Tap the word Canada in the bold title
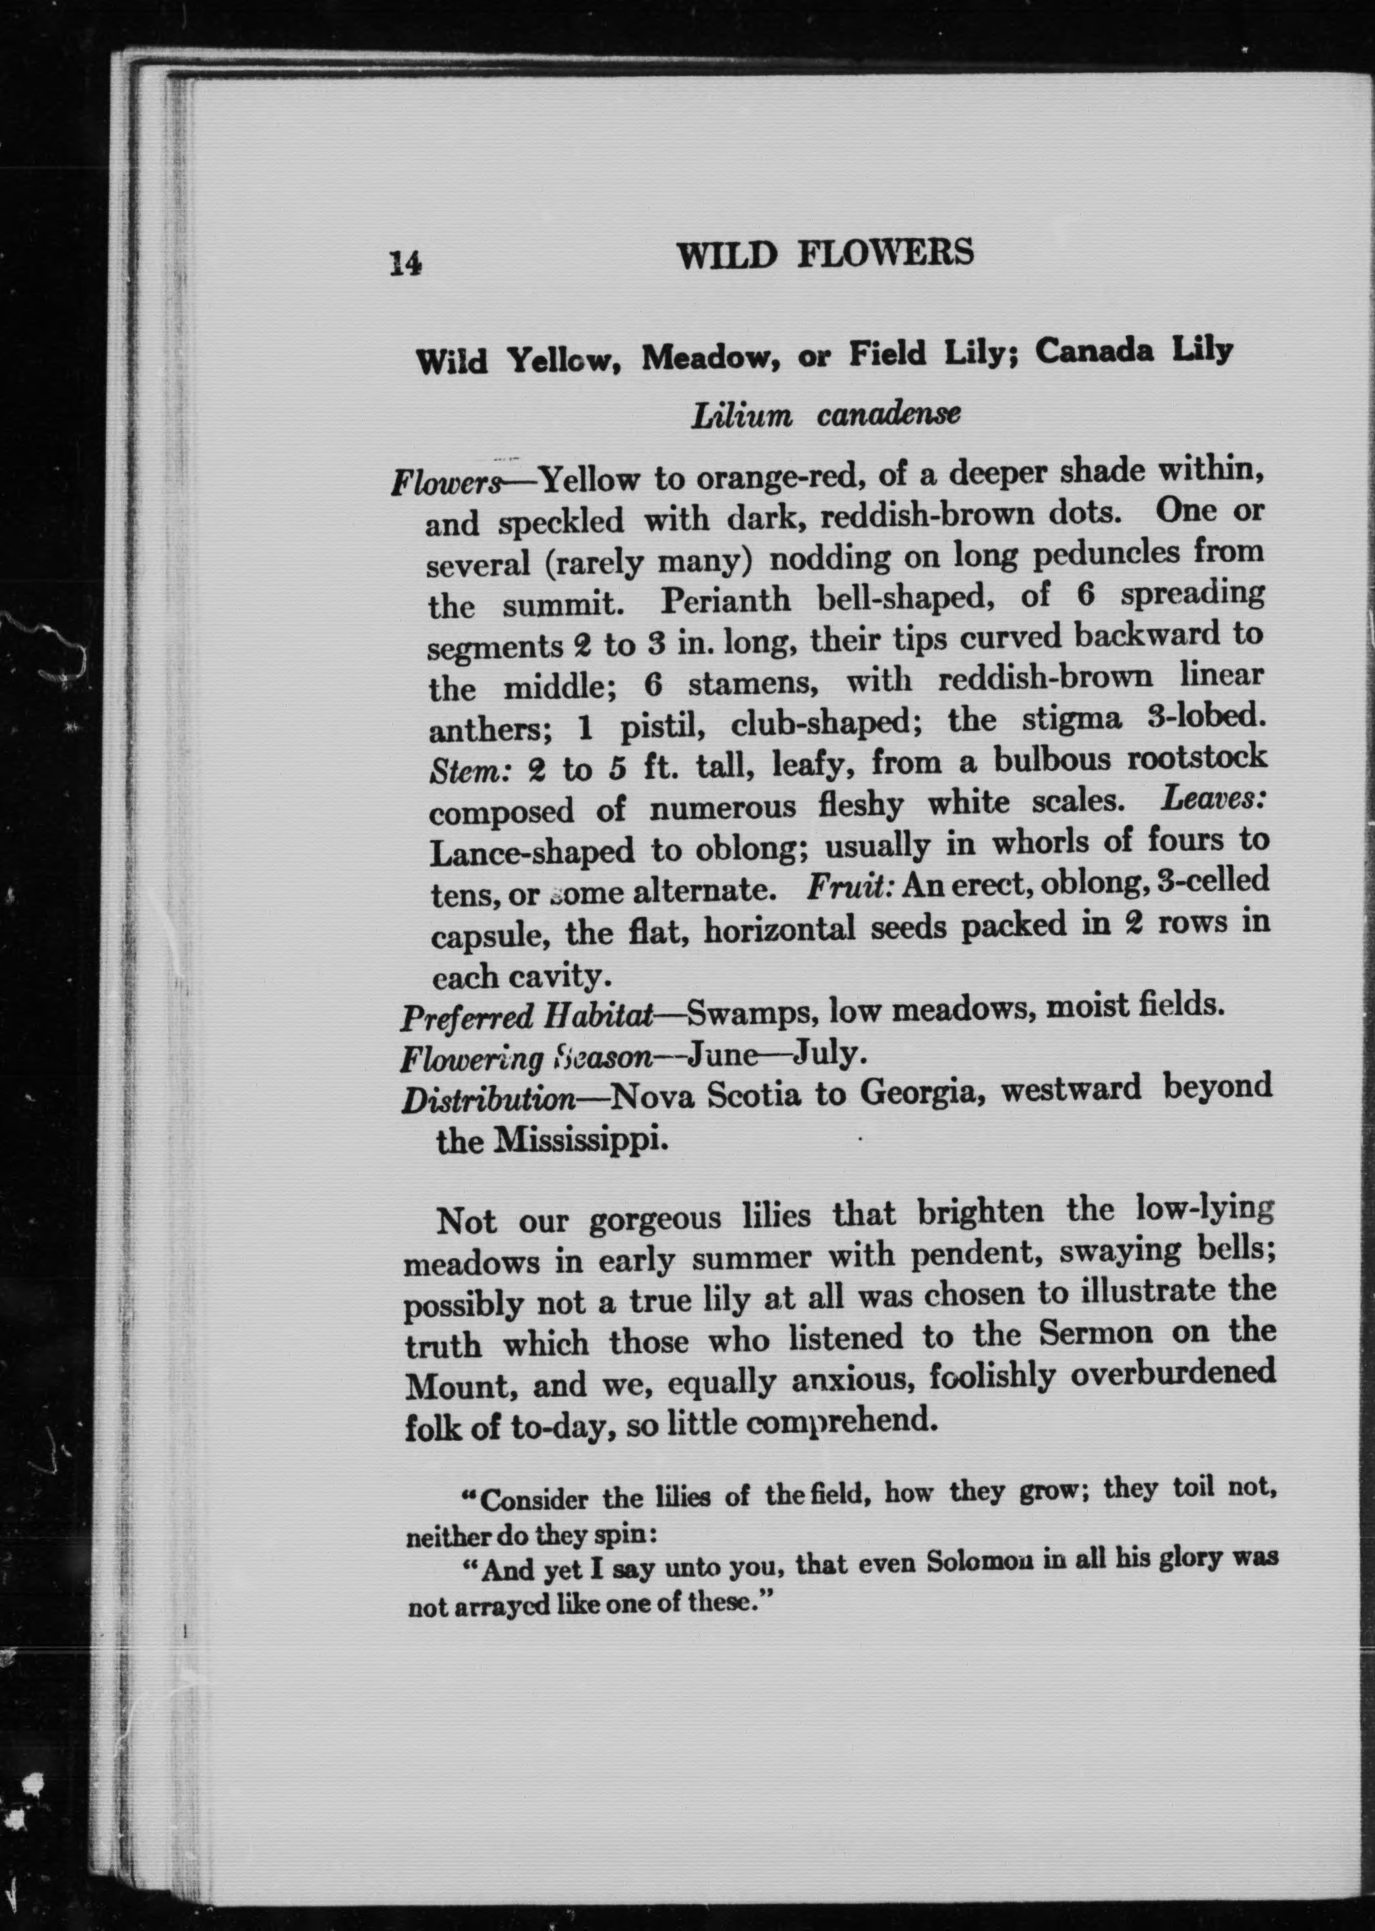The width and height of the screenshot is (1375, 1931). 1094,351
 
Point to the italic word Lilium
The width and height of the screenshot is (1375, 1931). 742,417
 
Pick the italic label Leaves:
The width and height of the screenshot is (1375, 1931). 1213,798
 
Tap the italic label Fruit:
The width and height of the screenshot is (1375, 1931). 851,887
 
